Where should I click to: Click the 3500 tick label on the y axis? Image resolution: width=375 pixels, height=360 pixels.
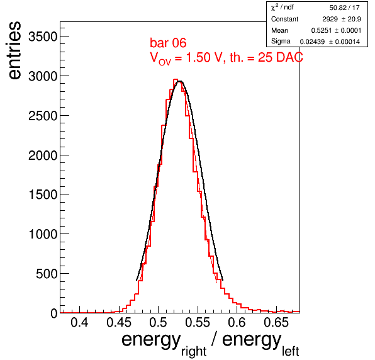(43, 37)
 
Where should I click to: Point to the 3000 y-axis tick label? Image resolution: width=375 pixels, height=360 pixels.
(43, 77)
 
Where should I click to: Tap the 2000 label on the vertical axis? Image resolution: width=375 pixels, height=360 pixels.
(43, 155)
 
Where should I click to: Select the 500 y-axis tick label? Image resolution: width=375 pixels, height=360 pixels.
(47, 274)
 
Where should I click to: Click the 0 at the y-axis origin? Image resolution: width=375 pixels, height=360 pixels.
(54, 313)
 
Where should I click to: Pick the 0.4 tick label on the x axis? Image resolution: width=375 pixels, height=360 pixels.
(79, 323)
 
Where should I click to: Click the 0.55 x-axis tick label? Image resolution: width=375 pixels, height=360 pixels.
(198, 323)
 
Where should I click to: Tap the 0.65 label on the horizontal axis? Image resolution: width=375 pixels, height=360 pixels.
(276, 323)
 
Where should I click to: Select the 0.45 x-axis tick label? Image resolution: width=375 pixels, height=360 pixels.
(119, 323)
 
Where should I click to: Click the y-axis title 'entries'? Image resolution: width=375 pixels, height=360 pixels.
(14, 50)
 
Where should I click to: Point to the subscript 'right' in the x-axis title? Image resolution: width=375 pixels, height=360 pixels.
(194, 351)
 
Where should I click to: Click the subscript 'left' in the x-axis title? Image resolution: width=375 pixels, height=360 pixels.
(290, 351)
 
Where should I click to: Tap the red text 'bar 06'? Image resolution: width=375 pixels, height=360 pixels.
(168, 43)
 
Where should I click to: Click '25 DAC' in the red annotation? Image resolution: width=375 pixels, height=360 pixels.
(280, 57)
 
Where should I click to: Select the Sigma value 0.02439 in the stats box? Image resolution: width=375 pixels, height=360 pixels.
(312, 42)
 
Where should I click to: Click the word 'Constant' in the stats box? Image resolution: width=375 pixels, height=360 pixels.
(284, 19)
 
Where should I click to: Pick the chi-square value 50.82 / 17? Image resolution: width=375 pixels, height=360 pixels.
(344, 8)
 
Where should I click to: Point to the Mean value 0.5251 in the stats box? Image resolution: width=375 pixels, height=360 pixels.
(321, 31)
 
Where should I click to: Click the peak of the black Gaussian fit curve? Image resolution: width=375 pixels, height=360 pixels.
(180, 81)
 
